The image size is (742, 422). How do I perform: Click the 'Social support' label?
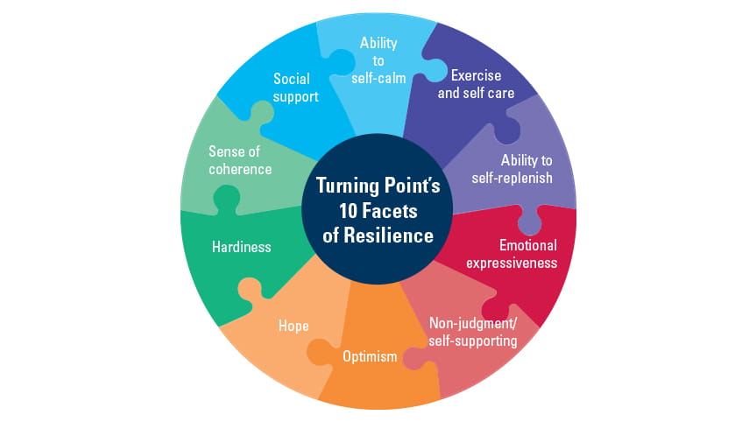295,88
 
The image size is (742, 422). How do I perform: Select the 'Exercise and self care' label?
476,83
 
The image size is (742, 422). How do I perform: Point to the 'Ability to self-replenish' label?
526,168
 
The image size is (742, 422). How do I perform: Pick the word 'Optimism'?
369,357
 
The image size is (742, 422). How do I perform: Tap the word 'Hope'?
293,326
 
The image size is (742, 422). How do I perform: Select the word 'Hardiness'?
241,247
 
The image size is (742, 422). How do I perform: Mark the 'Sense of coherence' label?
240,160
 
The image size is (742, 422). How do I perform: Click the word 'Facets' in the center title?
392,210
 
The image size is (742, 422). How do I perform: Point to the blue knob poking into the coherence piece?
260,112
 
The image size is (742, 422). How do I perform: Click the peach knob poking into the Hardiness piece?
248,290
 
